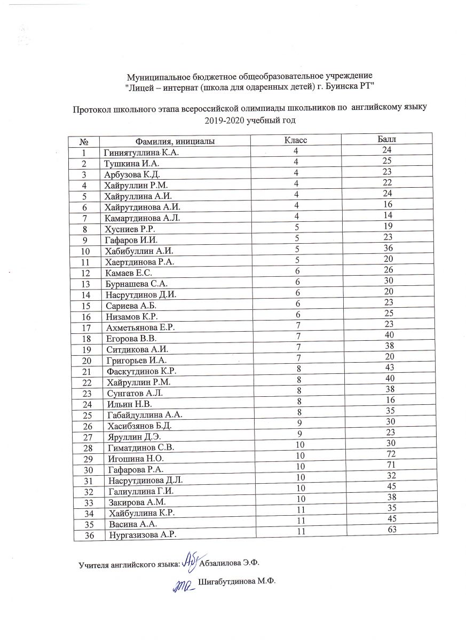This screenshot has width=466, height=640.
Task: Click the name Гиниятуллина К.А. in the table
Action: coord(141,153)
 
